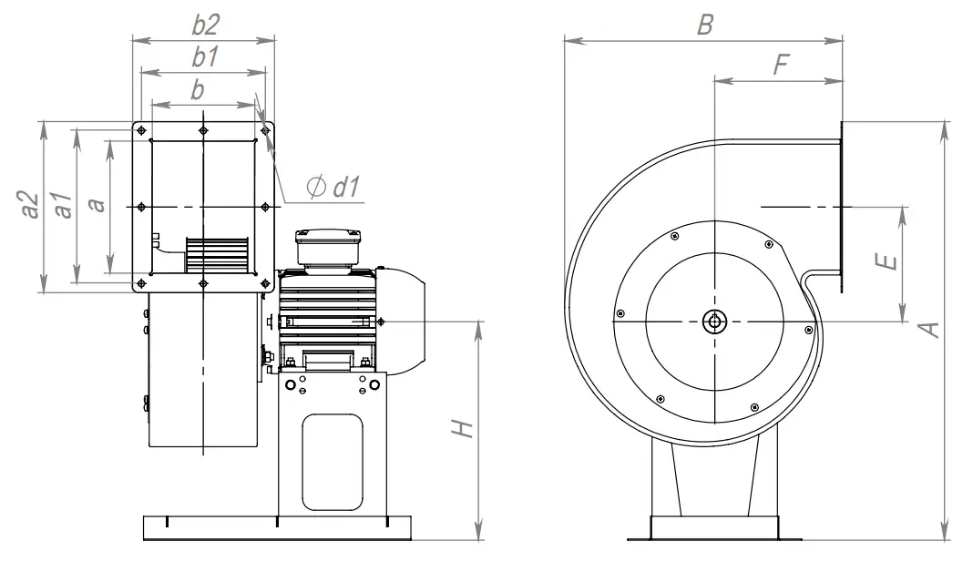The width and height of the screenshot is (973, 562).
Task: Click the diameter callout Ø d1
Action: coord(334,188)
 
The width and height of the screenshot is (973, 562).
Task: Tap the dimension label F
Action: coord(780,66)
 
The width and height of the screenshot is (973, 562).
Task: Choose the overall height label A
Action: coord(929,329)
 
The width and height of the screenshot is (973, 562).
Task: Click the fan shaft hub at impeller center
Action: coord(715,320)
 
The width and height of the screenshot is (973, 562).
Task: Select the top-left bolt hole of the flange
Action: coord(141,131)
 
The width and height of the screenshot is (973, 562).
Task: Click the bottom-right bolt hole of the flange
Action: coord(265,283)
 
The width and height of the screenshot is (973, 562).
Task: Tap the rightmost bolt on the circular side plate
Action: coord(809,330)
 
